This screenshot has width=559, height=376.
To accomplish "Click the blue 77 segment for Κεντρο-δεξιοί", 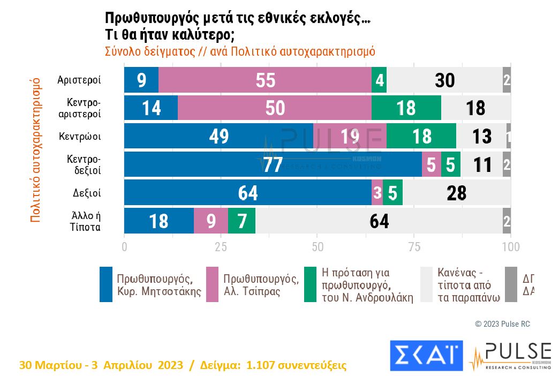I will (273, 164).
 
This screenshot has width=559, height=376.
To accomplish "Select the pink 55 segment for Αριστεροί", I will (265, 80).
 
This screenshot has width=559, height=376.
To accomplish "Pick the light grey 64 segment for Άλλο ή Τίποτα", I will (379, 221).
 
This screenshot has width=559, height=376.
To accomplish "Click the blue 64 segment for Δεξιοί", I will (248, 192).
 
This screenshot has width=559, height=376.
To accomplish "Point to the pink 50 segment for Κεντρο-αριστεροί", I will (275, 108).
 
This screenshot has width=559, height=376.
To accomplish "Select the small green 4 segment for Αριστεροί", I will (379, 80).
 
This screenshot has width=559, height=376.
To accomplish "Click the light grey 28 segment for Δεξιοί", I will (456, 192).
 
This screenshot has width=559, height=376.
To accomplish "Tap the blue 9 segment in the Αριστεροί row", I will (141, 80).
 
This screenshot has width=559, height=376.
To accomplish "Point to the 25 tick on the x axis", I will (221, 247).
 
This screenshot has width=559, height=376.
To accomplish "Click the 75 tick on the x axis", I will (414, 247).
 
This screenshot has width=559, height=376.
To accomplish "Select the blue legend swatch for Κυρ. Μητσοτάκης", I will (106, 284).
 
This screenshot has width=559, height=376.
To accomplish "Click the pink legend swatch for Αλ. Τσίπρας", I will (212, 284).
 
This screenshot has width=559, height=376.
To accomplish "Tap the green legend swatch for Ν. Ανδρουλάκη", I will (310, 284).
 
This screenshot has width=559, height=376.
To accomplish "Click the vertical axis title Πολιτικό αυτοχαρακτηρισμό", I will (35, 150).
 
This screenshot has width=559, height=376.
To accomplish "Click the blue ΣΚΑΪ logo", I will (426, 355).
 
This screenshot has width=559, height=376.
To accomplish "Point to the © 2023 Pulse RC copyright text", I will (502, 324).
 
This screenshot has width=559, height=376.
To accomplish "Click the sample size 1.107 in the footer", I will (263, 365).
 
